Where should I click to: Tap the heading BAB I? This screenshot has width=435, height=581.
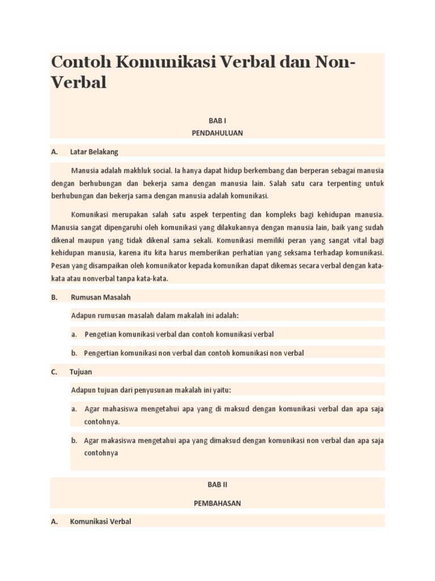(217, 120)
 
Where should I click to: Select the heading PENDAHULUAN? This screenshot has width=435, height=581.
(217, 133)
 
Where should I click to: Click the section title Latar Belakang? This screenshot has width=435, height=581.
(94, 151)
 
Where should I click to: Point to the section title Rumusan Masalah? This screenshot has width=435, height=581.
(101, 297)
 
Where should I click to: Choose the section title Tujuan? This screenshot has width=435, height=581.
(81, 372)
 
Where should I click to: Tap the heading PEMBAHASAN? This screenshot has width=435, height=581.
(217, 503)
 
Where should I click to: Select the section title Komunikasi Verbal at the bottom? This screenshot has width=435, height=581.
(100, 521)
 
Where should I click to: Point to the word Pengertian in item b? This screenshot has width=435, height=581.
(102, 353)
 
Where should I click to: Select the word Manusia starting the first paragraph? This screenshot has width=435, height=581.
(84, 171)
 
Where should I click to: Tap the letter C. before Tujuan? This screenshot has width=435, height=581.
(54, 372)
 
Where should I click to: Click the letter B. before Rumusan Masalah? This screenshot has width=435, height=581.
(54, 297)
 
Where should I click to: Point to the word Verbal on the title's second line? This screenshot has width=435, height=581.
(79, 83)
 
